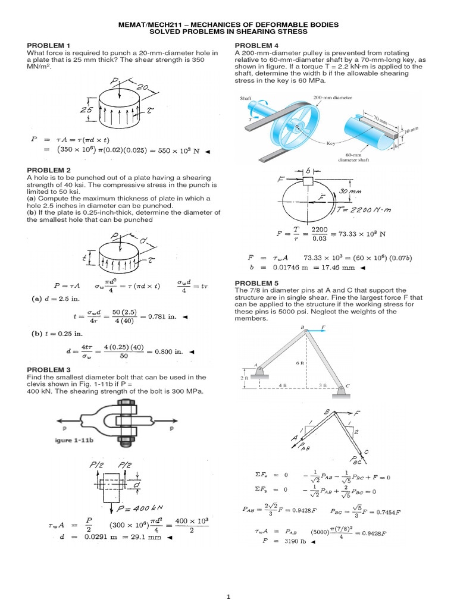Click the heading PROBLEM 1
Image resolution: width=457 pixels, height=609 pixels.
[x=49, y=46]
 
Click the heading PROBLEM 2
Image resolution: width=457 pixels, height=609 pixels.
[x=49, y=170]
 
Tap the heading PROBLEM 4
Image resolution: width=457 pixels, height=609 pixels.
[x=256, y=46]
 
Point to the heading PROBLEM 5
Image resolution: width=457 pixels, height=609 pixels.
[x=256, y=282]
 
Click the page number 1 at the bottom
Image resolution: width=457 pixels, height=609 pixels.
[x=228, y=597]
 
